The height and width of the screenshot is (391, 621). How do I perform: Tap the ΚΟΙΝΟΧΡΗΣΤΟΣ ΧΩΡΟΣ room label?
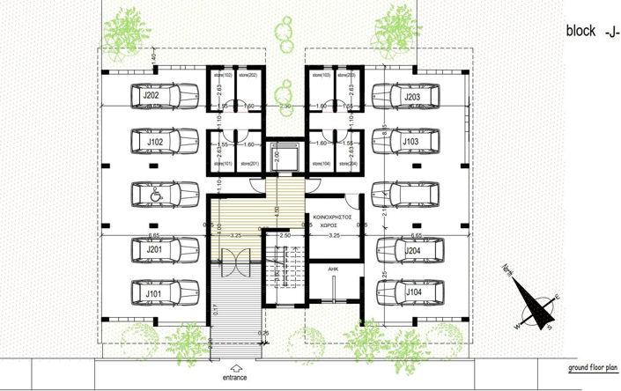tap(333, 220)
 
